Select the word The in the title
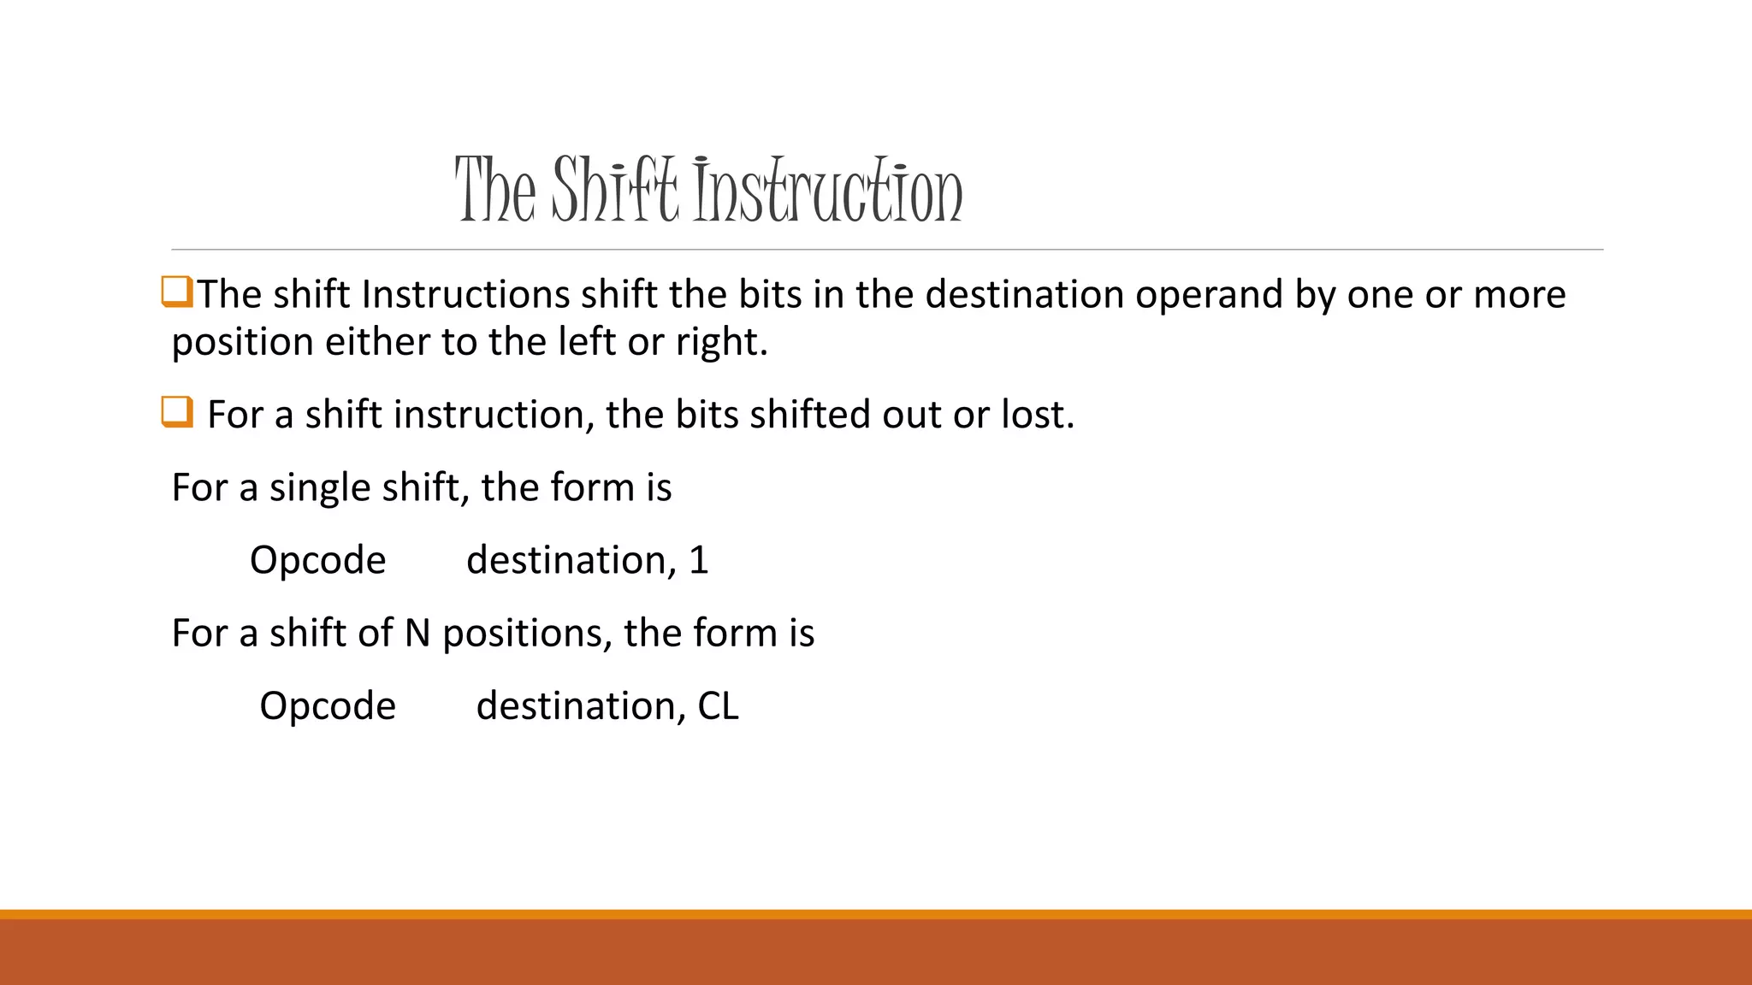tap(495, 190)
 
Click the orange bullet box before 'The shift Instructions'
tap(176, 292)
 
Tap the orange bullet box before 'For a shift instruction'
tap(176, 412)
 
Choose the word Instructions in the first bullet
tap(465, 295)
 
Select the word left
tap(587, 342)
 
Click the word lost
tap(1036, 415)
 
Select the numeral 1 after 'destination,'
tap(699, 561)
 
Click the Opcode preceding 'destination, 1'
tap(317, 562)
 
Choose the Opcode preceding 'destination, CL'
tap(328, 707)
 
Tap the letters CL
tap(718, 707)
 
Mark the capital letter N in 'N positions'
tap(417, 634)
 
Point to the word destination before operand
tap(1024, 295)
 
